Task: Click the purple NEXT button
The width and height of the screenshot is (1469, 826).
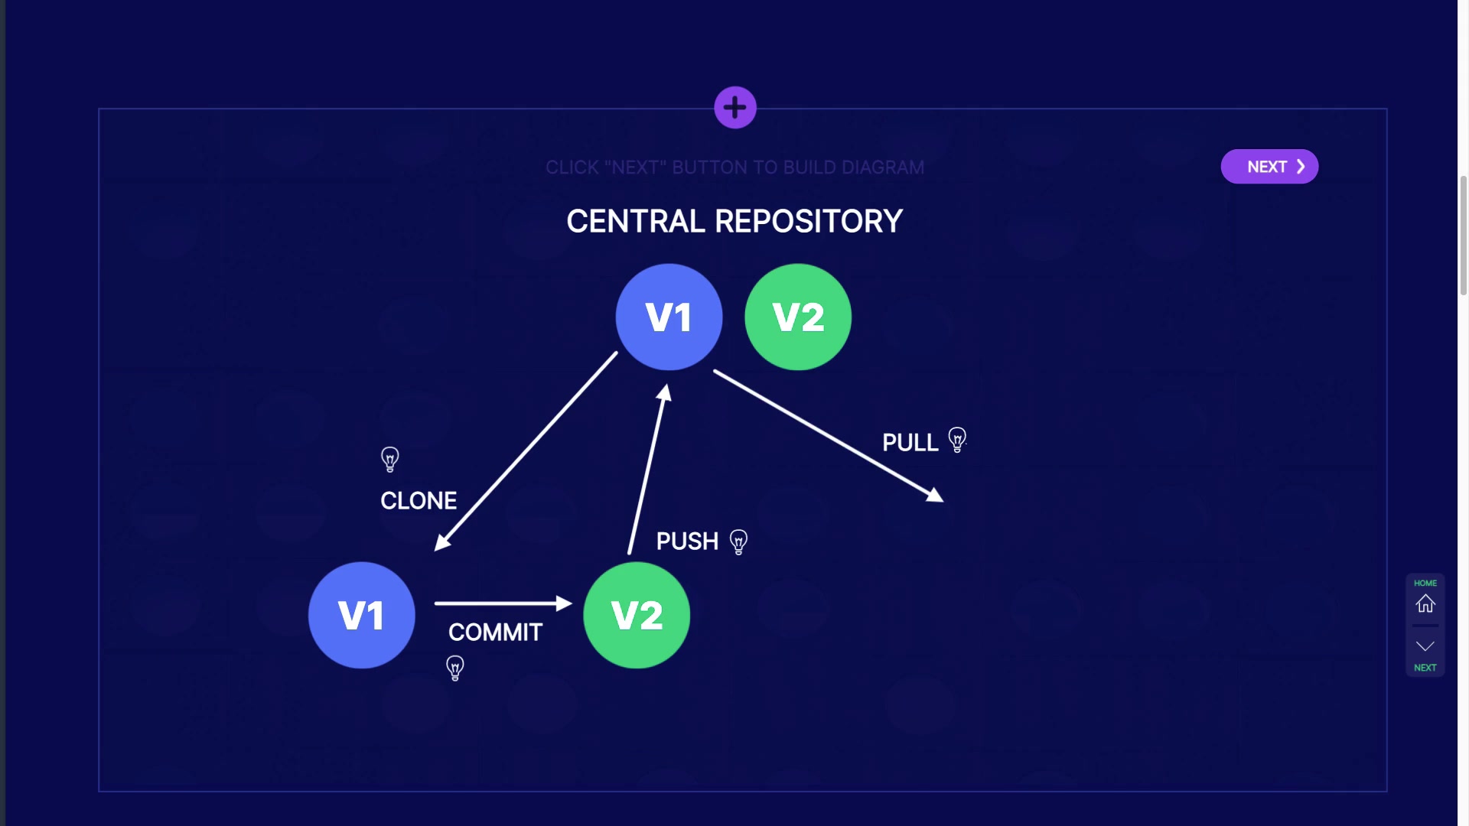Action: click(x=1269, y=167)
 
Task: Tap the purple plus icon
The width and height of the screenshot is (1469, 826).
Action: click(x=735, y=108)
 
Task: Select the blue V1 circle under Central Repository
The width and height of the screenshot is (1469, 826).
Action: click(x=669, y=317)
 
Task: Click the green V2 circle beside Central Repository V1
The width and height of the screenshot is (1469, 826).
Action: click(x=798, y=317)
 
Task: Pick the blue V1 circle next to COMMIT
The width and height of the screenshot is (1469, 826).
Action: click(x=361, y=615)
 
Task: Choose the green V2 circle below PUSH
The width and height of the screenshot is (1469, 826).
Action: click(x=637, y=615)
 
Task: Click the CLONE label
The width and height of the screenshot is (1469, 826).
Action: click(x=419, y=501)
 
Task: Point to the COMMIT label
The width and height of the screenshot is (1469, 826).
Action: click(x=495, y=633)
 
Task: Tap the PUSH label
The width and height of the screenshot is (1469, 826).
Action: click(x=687, y=541)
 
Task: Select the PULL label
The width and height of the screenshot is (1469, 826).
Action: click(x=910, y=443)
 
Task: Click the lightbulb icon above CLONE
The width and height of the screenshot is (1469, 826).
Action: click(x=390, y=459)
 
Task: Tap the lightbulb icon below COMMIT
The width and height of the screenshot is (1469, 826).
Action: click(x=455, y=668)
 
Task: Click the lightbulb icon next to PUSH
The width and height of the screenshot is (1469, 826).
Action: click(x=738, y=541)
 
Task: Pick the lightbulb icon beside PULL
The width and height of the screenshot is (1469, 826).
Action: click(x=957, y=440)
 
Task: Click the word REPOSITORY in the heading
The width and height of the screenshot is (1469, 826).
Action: click(x=809, y=222)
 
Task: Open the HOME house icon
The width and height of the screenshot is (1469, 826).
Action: click(x=1425, y=603)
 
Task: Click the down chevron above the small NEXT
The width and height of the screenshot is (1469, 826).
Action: click(x=1425, y=647)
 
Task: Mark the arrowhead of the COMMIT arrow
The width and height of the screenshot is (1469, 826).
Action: click(x=565, y=603)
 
